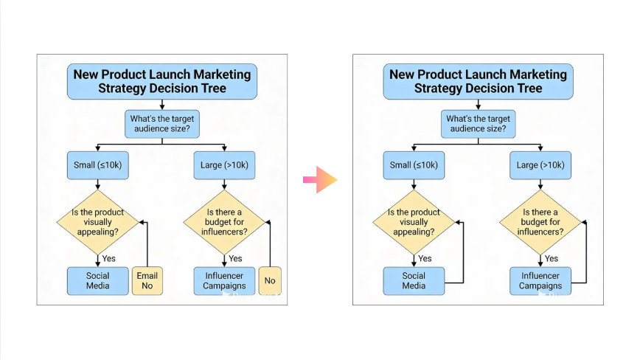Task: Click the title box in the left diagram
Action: point(161,81)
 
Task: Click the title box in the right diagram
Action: point(478,81)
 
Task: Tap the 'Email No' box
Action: point(147,280)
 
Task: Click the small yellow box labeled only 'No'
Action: point(270,280)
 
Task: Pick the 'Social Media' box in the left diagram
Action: point(98,280)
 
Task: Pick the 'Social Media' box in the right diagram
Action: point(414,280)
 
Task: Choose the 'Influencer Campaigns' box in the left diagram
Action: point(224,280)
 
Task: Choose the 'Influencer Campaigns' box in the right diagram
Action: point(540,280)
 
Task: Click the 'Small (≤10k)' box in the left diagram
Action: point(98,165)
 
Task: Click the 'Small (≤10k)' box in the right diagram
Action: point(414,165)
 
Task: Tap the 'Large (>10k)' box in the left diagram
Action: point(224,165)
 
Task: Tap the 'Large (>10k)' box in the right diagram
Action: point(540,165)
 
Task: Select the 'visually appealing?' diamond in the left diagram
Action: point(98,221)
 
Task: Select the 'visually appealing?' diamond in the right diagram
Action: point(414,221)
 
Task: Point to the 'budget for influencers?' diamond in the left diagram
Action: point(224,221)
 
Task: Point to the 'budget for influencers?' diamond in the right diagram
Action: point(540,221)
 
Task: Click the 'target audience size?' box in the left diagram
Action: point(161,122)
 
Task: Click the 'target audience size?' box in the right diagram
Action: point(478,122)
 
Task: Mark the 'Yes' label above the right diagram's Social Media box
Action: point(425,258)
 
